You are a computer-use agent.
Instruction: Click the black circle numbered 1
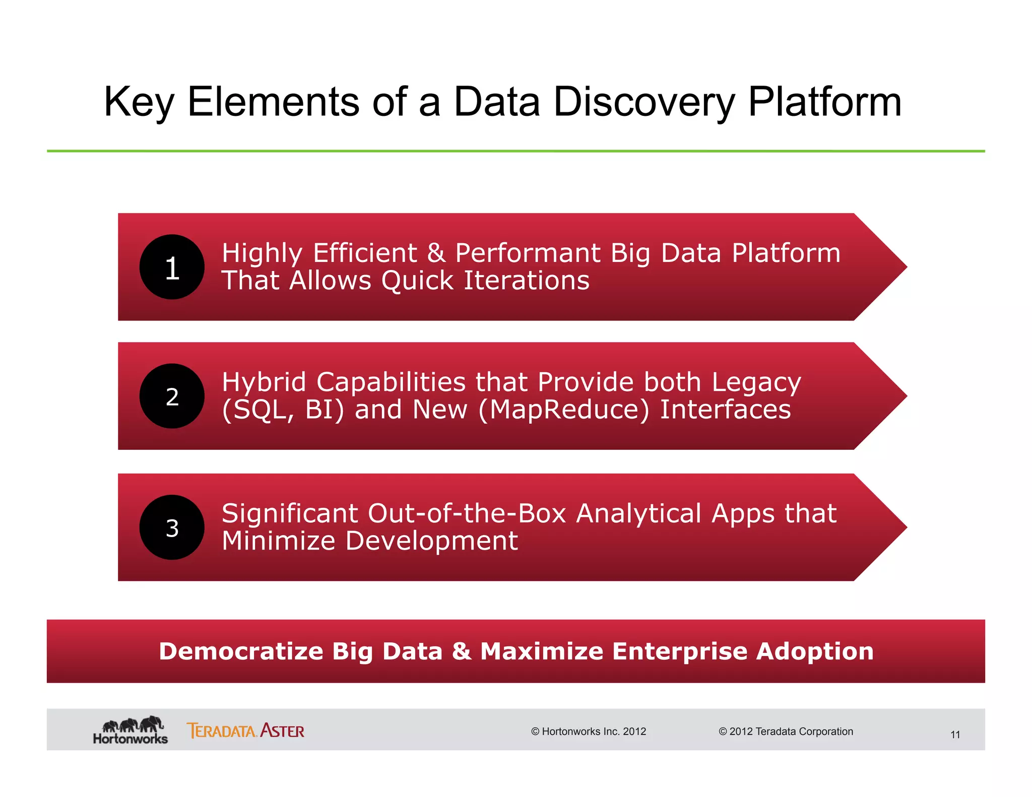coord(172,267)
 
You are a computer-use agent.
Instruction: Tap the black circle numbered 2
coord(172,396)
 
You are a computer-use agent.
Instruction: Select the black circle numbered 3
coord(172,527)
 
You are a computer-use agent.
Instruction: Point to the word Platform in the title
coord(824,102)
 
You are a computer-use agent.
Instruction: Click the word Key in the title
coord(139,102)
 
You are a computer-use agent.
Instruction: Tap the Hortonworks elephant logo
coord(131,730)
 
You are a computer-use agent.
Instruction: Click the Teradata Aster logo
coord(245,730)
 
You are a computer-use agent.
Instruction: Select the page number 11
coord(955,735)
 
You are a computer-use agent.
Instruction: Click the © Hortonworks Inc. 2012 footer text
coord(588,732)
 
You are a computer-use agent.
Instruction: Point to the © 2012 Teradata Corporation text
coord(786,732)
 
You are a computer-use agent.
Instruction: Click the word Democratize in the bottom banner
coord(241,651)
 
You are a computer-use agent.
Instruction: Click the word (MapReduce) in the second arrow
coord(564,410)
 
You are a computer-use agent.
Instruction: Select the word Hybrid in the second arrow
coord(264,382)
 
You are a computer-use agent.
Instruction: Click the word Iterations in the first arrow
coord(526,281)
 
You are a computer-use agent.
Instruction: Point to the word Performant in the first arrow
coord(528,253)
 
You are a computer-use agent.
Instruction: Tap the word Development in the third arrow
coord(431,541)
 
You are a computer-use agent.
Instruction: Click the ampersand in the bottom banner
coord(461,651)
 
